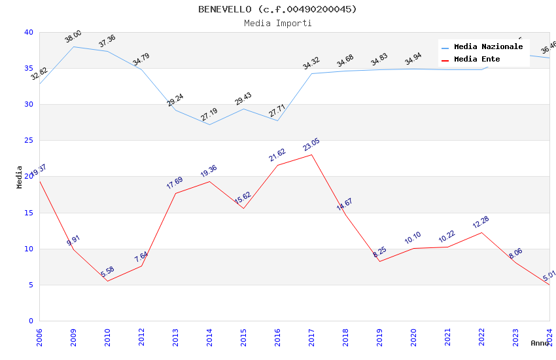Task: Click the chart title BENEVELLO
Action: pos(277,9)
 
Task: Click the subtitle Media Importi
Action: pos(277,24)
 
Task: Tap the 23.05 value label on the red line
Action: pos(311,145)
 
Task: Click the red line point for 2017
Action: pos(311,154)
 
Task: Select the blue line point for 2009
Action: pos(73,46)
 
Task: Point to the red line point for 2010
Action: pos(107,281)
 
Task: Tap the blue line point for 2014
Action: pos(209,124)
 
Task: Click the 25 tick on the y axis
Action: pos(29,141)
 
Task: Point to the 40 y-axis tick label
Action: pos(29,33)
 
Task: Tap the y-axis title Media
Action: pos(20,177)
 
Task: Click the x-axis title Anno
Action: pos(540,343)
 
